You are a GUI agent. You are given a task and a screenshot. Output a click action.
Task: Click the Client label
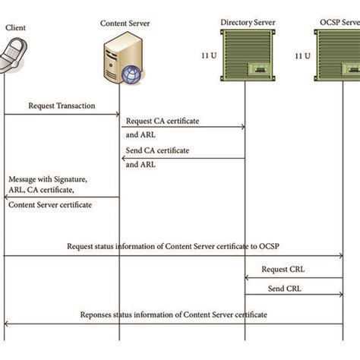[x=14, y=27]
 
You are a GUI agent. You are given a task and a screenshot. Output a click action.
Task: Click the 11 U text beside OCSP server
[x=302, y=56]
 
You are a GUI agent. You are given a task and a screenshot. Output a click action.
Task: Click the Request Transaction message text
[x=62, y=106]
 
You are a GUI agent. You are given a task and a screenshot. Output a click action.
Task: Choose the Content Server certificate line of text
[x=52, y=204]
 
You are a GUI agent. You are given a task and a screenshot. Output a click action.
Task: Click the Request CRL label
[x=285, y=269]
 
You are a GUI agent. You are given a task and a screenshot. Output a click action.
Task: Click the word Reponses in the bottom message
[x=99, y=314]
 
